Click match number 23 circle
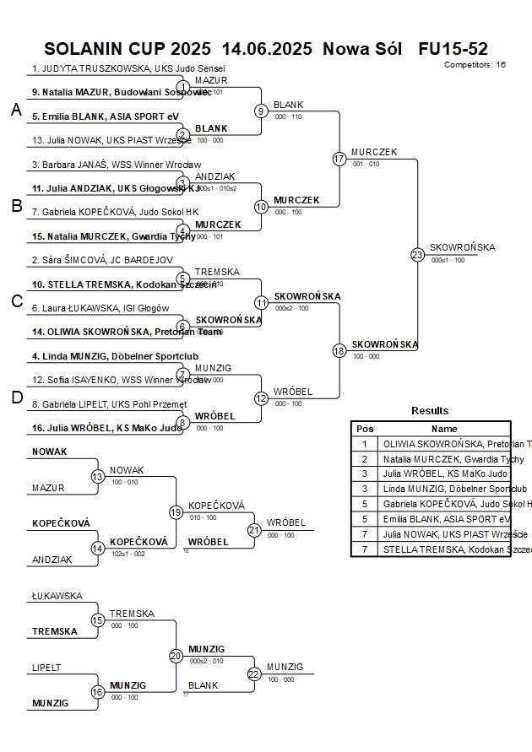pos(417,254)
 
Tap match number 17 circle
pos(339,159)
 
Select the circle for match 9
pos(261,111)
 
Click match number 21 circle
pos(253,530)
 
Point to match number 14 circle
pos(98,548)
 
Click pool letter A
pos(16,110)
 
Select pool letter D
pos(16,398)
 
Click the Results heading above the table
pos(430,411)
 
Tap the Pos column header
pos(365,429)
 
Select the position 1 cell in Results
pos(365,444)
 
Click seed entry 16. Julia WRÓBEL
pos(106,428)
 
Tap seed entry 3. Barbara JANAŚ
pos(117,165)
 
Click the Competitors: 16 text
pos(475,64)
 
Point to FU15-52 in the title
pos(453,48)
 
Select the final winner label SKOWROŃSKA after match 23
pos(462,247)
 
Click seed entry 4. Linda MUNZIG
pos(115,356)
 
